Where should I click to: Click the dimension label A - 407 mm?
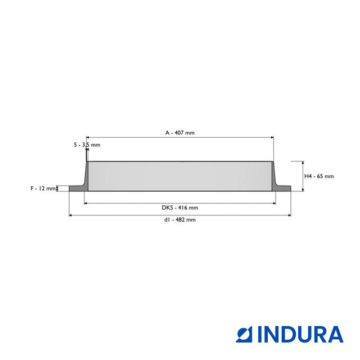[x=179, y=133]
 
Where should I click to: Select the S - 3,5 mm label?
[x=87, y=145]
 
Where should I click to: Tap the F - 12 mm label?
[x=43, y=188]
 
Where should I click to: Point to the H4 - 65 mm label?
[x=318, y=176]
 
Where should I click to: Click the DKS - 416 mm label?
[x=179, y=208]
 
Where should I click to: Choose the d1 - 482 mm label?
[x=179, y=220]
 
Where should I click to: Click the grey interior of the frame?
[x=179, y=176]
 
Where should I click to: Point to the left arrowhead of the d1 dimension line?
[x=70, y=215]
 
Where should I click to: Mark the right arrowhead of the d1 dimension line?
[x=289, y=215]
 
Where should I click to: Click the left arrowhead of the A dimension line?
[x=88, y=137]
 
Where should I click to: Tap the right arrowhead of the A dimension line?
[x=272, y=137]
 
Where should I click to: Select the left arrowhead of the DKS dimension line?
[x=86, y=203]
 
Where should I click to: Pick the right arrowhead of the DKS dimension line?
[x=274, y=203]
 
